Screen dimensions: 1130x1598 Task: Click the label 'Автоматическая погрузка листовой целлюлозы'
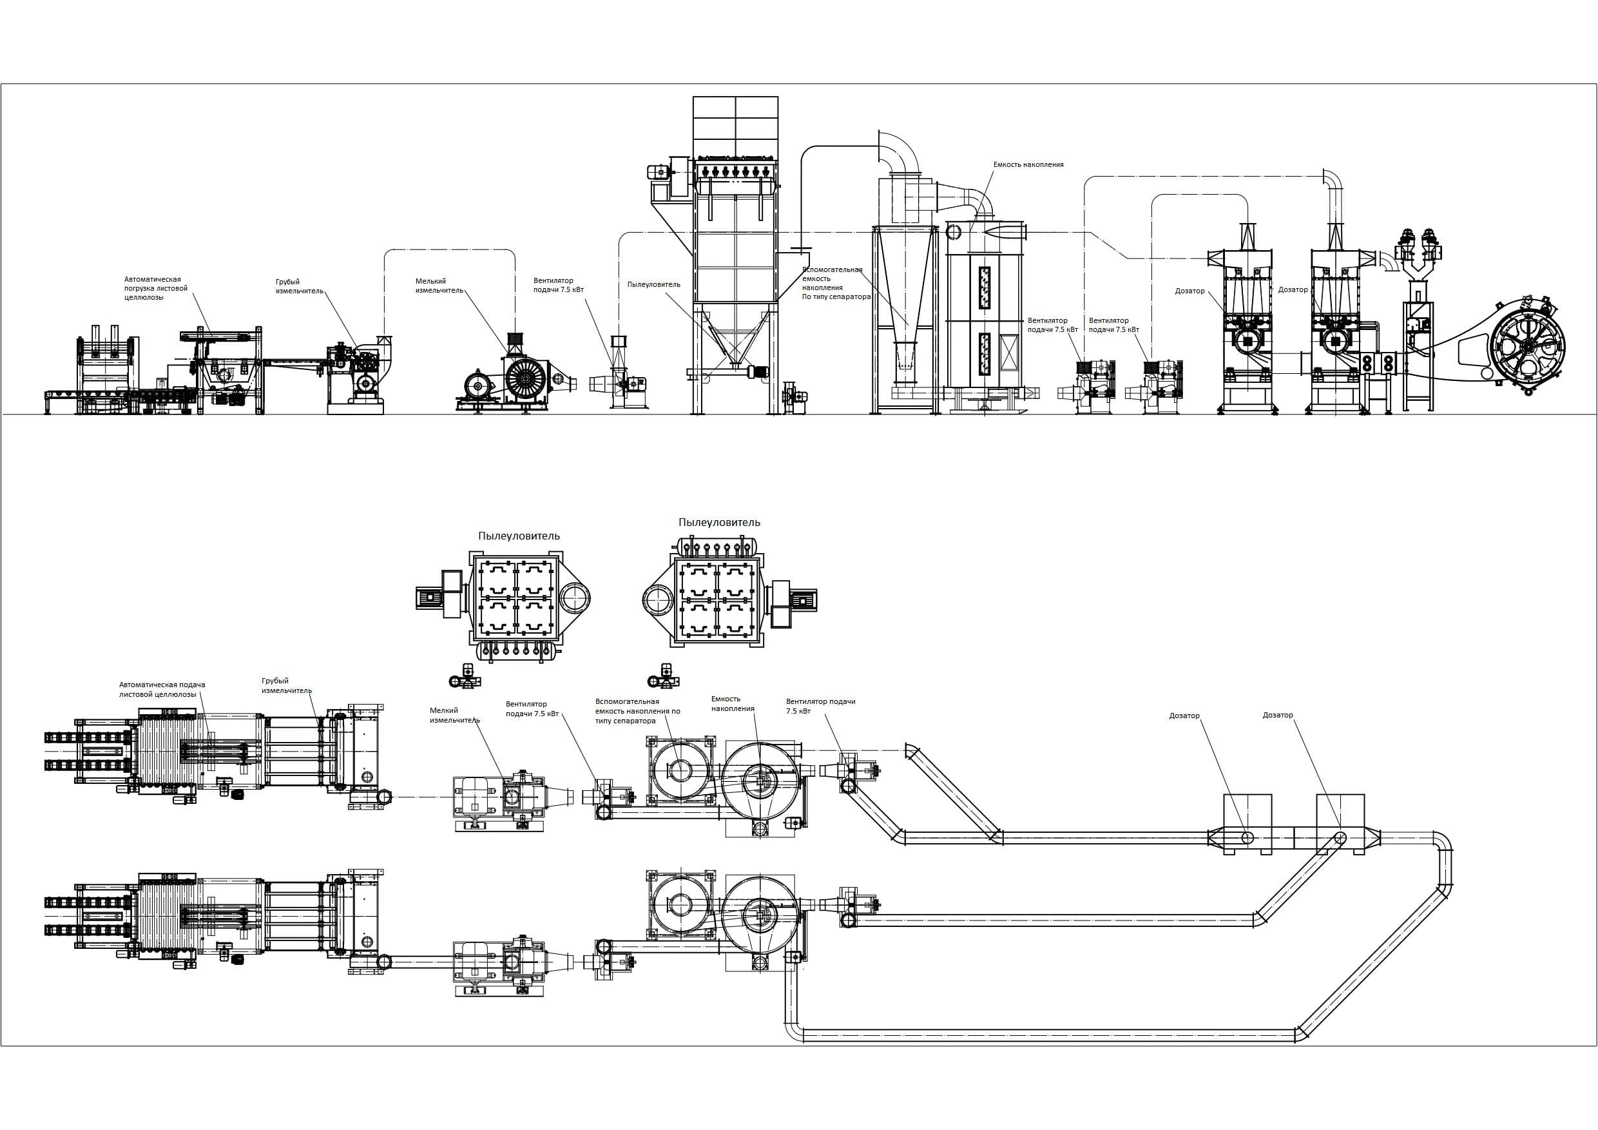[156, 288]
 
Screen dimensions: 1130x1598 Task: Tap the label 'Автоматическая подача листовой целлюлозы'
[162, 689]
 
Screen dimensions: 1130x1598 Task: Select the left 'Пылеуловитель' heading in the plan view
[519, 536]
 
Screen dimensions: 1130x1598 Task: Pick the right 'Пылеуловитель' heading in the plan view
[719, 522]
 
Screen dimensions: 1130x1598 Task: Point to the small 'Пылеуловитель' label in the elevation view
[653, 284]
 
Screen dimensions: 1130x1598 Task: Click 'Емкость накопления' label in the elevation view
[1028, 165]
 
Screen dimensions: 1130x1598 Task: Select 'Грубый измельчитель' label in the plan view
[286, 686]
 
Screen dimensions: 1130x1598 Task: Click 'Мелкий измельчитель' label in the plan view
[454, 716]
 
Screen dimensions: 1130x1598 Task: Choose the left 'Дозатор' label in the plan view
[1184, 716]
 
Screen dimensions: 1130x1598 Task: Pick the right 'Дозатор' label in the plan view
[1277, 715]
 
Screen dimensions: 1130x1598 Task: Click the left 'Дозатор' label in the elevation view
[1189, 291]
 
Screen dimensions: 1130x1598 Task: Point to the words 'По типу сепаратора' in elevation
[836, 297]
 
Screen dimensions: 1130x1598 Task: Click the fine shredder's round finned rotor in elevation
[525, 377]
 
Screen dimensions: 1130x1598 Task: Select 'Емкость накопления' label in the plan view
[732, 703]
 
